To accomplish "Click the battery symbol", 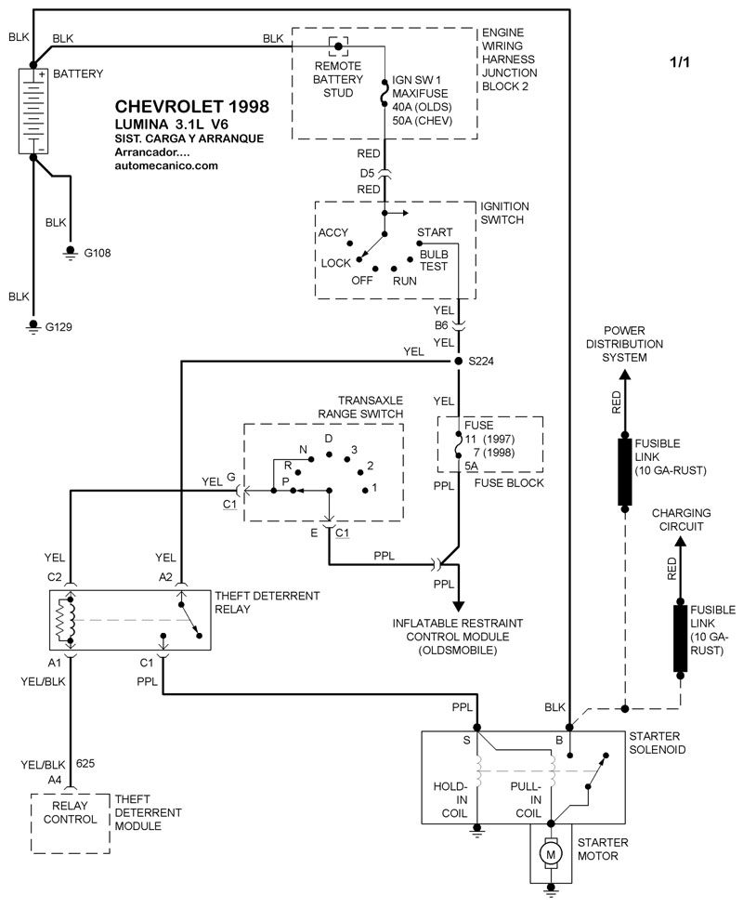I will (33, 109).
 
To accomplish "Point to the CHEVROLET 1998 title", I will (192, 107).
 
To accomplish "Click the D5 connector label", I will (368, 173).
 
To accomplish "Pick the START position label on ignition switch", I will (435, 231).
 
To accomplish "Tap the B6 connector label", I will (441, 326).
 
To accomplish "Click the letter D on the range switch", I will (329, 437).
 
